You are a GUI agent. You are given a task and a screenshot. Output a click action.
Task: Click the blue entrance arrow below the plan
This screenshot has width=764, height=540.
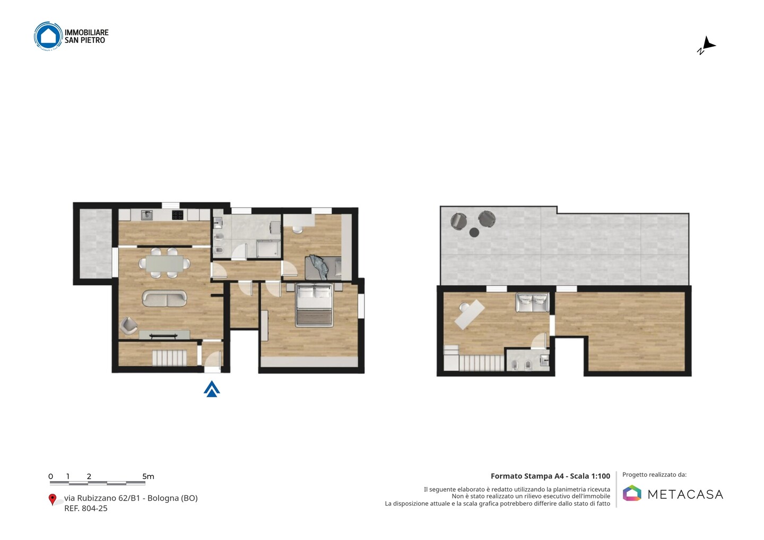pos(212,389)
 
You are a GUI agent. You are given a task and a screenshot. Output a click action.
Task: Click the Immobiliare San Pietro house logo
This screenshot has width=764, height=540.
pos(48,36)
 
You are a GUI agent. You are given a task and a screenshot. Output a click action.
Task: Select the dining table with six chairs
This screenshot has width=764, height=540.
pos(164,263)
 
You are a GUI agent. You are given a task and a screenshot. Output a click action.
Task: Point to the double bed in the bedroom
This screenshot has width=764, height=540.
pos(314,305)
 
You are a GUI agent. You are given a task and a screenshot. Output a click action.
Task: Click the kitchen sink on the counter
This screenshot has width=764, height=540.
pos(147,215)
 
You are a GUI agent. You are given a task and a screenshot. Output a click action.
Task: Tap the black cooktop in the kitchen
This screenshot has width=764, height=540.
pos(177,215)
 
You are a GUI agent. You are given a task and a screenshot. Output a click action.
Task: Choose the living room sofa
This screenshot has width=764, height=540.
pos(164,298)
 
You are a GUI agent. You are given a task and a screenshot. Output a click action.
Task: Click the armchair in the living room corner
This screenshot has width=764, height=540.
pos(128,326)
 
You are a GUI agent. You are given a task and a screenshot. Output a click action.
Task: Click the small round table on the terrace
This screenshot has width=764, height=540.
pos(474,232)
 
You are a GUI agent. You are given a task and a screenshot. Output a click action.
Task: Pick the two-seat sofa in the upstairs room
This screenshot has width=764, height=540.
pos(532,303)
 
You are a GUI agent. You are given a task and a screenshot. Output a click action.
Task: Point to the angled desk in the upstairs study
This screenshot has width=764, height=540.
pos(470,315)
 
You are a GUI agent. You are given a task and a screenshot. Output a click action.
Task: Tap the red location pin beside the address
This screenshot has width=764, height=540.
pos(52,500)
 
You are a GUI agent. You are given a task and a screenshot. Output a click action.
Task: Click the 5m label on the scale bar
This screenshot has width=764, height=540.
pos(148,476)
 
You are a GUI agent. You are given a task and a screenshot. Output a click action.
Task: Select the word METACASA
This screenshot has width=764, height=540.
pos(685,495)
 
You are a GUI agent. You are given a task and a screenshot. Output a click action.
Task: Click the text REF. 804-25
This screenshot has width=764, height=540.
pos(85,508)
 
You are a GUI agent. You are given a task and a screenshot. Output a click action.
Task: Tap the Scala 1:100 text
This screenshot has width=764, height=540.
pos(590,476)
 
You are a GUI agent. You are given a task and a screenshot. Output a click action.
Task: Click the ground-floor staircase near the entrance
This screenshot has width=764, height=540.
pos(170,358)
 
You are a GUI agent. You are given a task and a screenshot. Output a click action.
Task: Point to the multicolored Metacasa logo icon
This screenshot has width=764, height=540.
pos(632,493)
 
